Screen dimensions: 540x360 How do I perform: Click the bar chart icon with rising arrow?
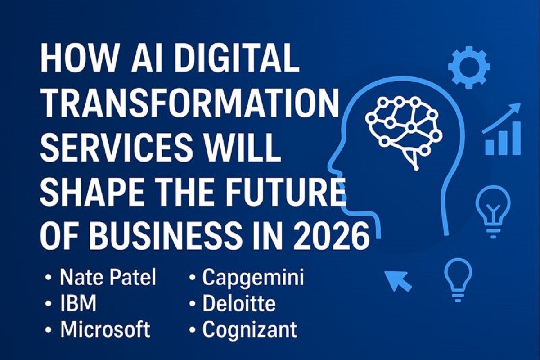[502, 129]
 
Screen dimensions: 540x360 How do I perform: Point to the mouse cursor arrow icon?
[398, 280]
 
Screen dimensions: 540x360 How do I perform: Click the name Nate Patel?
[108, 278]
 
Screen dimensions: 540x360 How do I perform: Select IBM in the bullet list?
[78, 303]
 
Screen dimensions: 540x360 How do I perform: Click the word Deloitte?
[239, 303]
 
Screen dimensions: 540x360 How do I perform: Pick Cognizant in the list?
[250, 330]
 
